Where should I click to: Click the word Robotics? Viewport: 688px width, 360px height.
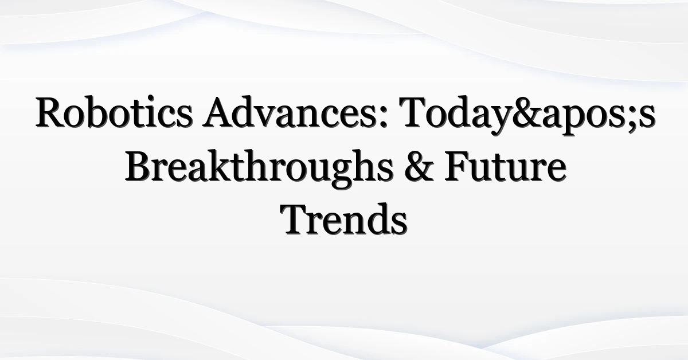coord(114,112)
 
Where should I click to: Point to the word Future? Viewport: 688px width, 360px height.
coord(505,166)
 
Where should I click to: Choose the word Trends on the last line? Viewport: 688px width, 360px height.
coord(343,220)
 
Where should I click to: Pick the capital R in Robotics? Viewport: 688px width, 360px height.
coord(50,112)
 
